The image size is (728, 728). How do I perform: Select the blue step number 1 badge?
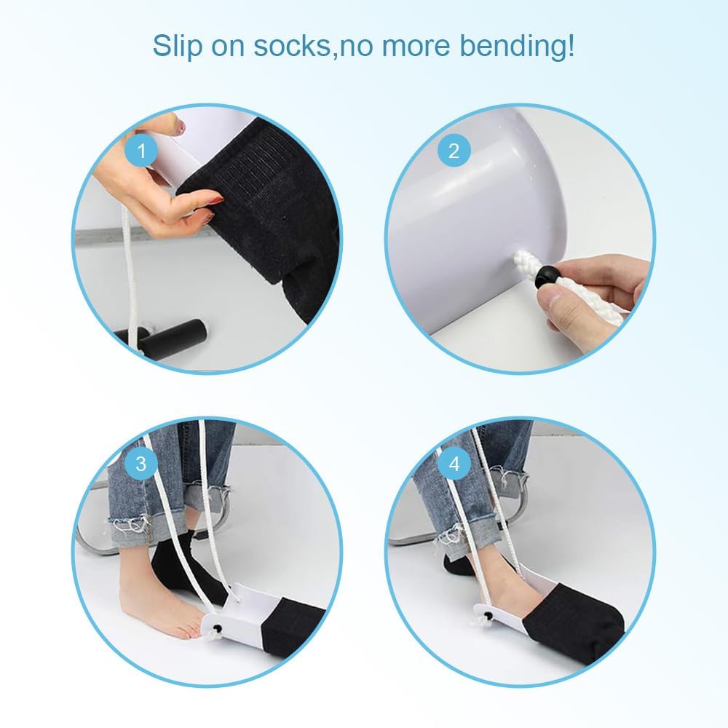coord(141,152)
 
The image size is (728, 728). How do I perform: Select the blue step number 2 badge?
coord(454,151)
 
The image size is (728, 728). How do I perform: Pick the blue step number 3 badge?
coord(141,463)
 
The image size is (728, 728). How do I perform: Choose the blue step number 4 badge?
coord(454,464)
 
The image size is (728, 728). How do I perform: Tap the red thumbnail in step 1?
coord(213,199)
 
